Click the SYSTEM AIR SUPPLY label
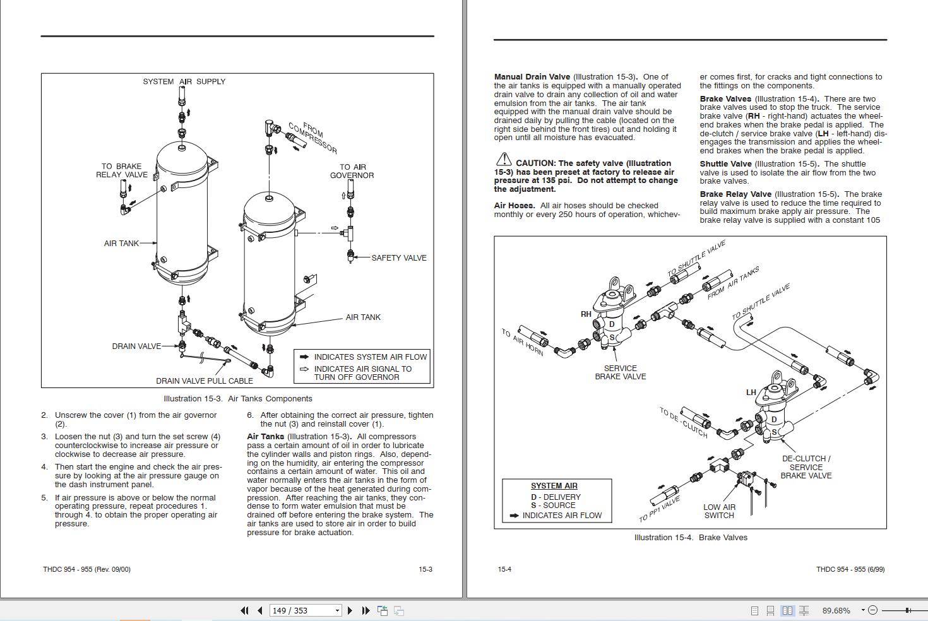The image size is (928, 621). tap(184, 81)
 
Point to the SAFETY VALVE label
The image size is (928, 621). tap(398, 257)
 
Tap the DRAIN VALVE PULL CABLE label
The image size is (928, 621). tap(204, 381)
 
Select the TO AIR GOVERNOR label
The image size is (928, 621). tap(352, 171)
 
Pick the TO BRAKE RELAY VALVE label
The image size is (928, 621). tap(122, 170)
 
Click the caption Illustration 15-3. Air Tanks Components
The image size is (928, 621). tap(237, 398)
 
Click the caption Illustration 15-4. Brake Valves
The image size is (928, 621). tap(690, 537)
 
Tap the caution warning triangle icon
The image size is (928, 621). tap(503, 160)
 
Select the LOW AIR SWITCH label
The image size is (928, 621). tap(719, 511)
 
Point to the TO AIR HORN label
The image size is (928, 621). tap(522, 342)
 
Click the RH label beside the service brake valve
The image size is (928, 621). tap(586, 314)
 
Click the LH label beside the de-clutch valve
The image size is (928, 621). tap(751, 392)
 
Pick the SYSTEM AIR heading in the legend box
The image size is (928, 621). tap(554, 486)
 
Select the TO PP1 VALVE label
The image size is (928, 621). tap(659, 509)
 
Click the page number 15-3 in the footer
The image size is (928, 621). tap(425, 569)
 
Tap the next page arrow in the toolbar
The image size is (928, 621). tap(350, 610)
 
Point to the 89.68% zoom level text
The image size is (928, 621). tap(836, 610)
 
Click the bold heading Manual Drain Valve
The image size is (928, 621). tap(532, 77)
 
